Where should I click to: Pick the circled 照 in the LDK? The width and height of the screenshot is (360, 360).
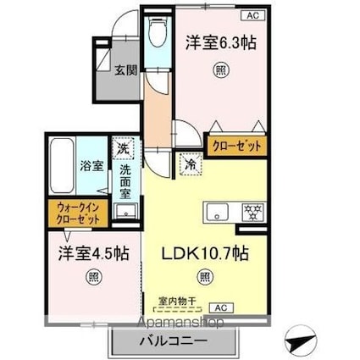206,276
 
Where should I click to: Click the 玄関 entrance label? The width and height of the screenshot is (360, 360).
126,70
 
